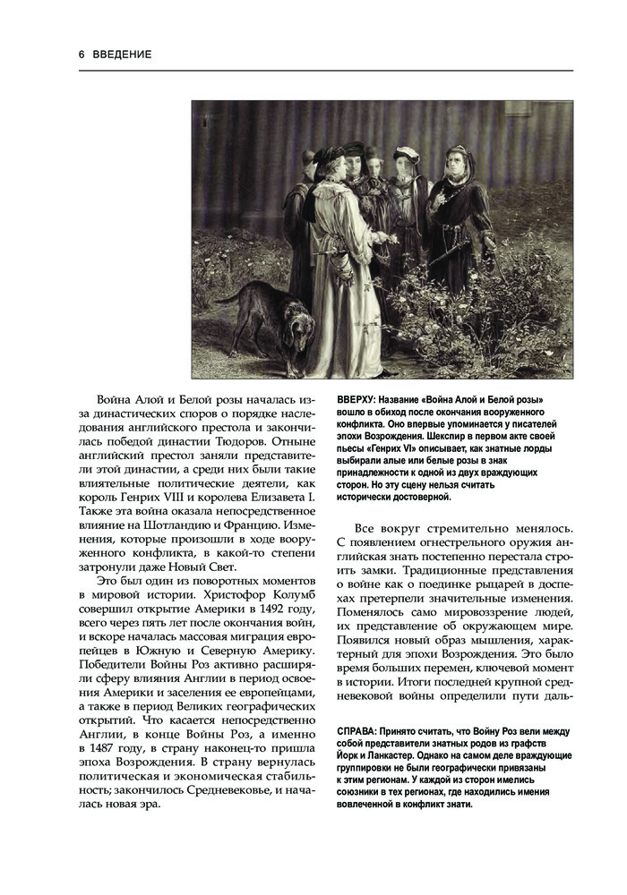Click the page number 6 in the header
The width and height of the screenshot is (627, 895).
point(82,55)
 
